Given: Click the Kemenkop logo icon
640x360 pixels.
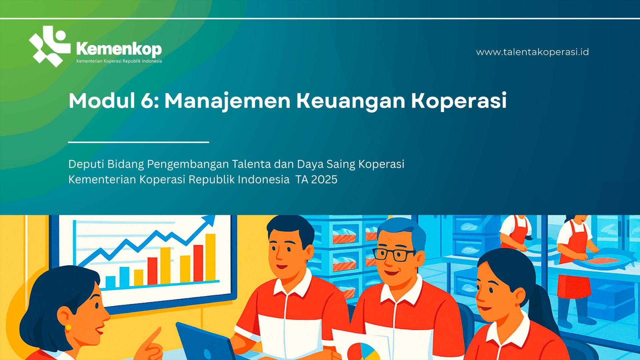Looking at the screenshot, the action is coord(49,46).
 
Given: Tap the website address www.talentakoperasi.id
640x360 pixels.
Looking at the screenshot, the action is coord(532,52).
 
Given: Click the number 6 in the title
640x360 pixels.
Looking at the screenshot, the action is coord(147,101).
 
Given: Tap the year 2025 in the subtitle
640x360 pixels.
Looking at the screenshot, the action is coord(324,180).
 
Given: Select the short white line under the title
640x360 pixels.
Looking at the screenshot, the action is coord(139,142).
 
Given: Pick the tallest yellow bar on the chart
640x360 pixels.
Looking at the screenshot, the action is coord(210,257).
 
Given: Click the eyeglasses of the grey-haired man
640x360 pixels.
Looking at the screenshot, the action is coord(394,255).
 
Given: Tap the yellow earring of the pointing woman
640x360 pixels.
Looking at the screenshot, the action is coord(68,327).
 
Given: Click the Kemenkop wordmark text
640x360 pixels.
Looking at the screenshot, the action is coord(119,49).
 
